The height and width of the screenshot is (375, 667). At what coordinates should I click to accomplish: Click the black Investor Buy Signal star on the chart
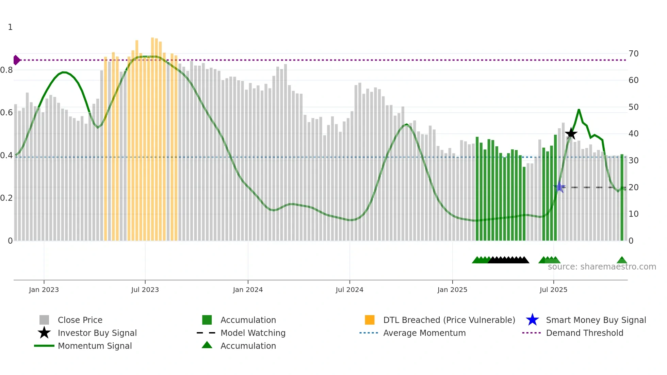pos(571,133)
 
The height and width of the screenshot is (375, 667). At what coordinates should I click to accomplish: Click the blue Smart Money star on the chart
pos(559,187)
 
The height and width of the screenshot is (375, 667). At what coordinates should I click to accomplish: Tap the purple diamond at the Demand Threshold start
pos(16,60)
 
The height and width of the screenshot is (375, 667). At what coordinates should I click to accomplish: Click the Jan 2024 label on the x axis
pos(248,290)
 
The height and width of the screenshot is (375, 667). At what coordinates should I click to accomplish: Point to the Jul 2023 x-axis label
pos(145,290)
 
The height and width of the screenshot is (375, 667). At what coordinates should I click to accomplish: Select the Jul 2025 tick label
pos(553,290)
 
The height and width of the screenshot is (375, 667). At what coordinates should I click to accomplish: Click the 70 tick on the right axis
pos(633,54)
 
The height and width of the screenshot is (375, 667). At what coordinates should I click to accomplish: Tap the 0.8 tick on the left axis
pos(6,70)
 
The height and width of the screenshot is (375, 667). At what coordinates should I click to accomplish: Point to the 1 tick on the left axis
pos(10,27)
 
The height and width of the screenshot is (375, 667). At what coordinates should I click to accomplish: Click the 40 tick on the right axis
pos(633,134)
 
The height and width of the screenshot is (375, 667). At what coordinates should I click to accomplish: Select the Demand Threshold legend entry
pos(584,333)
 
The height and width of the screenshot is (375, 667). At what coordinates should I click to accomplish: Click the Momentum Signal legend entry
pos(95,346)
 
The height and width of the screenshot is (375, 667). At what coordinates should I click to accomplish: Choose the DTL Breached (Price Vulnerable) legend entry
pos(449,320)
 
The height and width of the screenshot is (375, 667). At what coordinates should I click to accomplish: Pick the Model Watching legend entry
pos(253,333)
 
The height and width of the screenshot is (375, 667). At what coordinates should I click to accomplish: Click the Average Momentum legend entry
pos(424,333)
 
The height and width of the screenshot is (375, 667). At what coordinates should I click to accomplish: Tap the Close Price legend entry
pos(80,320)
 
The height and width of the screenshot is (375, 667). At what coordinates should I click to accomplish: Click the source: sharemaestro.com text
pos(602,267)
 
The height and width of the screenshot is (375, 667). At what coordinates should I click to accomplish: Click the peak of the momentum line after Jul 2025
pos(579,110)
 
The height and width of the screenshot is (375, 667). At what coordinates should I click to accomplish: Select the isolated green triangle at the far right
pos(622,260)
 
